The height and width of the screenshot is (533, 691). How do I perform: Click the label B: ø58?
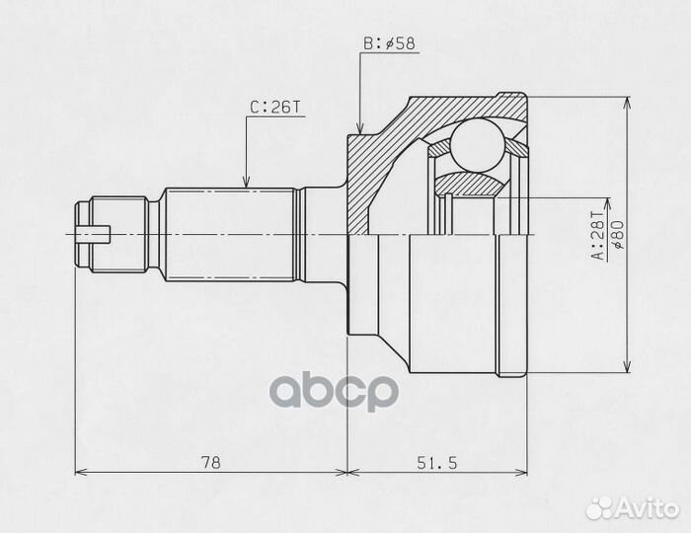(389, 44)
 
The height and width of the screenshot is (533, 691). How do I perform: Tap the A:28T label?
(599, 235)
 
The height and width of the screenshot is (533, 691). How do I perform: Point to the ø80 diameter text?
(617, 235)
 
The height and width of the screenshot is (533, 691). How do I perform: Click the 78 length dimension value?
(210, 463)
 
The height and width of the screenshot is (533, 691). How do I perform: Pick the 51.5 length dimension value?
(436, 463)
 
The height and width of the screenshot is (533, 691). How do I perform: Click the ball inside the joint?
(477, 145)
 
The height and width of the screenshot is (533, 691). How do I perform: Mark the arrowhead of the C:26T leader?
(247, 183)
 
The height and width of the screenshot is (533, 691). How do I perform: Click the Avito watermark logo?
(634, 507)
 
